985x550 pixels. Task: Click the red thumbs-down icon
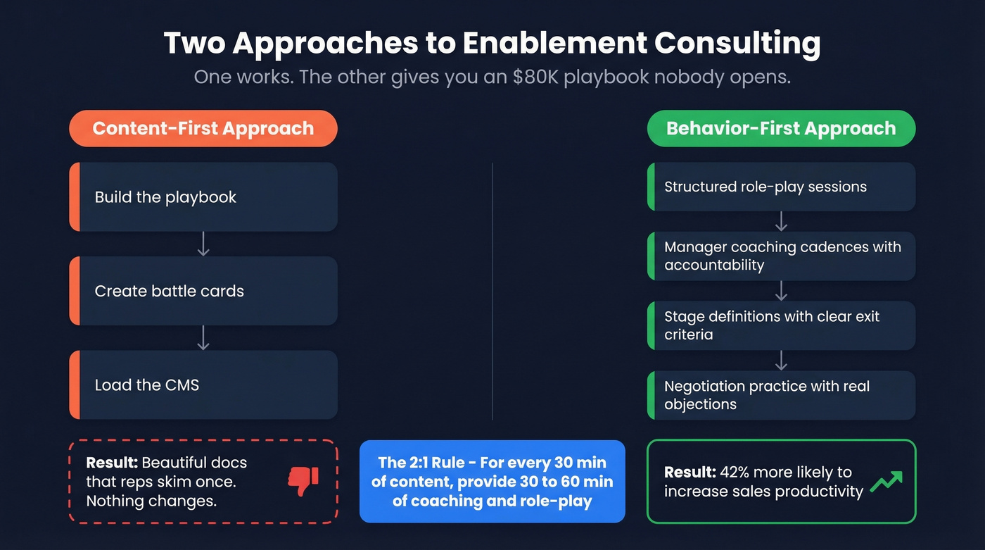[303, 481]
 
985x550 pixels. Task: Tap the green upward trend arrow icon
[885, 481]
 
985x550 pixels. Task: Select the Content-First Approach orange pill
[203, 128]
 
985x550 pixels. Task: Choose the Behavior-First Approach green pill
[781, 128]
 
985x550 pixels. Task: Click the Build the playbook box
[203, 197]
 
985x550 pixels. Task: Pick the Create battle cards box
[203, 291]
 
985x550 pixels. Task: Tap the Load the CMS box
[203, 385]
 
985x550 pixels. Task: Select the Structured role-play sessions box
[781, 187]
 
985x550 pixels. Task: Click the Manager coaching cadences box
[781, 256]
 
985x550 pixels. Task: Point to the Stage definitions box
[781, 325]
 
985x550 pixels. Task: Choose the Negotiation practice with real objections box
[781, 395]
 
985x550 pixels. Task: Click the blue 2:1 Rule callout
[492, 482]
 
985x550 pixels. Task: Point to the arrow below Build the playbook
[203, 244]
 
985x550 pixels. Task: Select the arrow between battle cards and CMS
[203, 338]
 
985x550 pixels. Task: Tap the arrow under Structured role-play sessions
[781, 221]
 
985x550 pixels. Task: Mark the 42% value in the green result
[737, 472]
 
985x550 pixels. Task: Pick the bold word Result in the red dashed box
[111, 463]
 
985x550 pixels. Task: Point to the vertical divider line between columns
[493, 291]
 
